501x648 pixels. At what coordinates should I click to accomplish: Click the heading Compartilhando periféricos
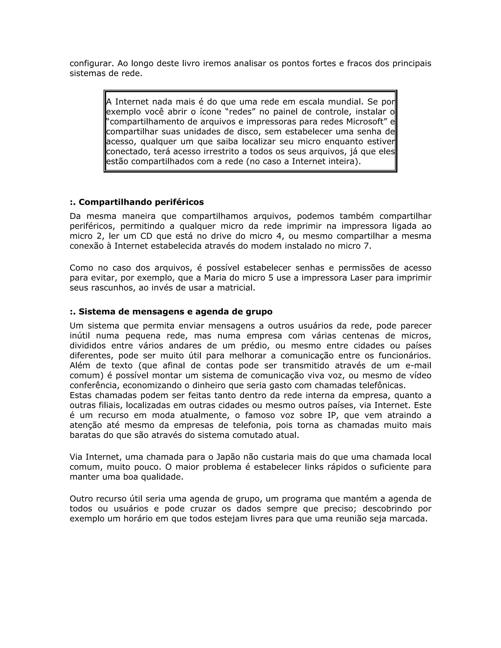point(137,202)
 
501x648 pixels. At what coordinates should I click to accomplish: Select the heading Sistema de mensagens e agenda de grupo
point(171,312)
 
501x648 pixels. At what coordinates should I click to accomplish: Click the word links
point(314,467)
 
